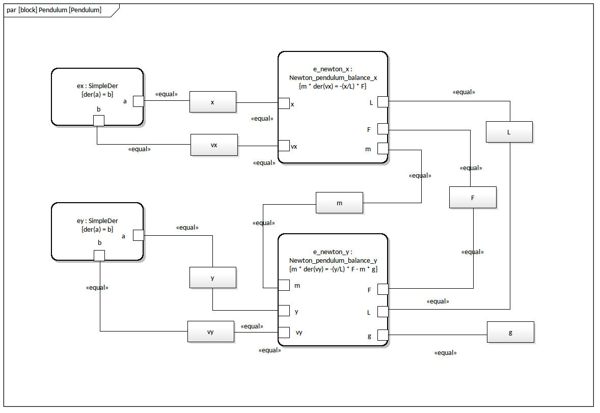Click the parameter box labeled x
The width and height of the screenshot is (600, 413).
(x=212, y=102)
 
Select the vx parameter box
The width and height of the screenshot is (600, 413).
(x=214, y=145)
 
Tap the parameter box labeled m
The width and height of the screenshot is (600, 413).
(x=339, y=203)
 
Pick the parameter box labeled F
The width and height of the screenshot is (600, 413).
(x=472, y=197)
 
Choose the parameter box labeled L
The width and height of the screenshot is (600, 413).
(x=509, y=132)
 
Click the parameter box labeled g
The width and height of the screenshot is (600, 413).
(x=510, y=332)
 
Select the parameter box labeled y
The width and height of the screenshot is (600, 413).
(x=212, y=278)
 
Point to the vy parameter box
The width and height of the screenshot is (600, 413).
(x=210, y=332)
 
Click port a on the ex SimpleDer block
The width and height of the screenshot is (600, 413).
(x=139, y=101)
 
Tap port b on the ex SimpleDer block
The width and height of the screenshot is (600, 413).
(x=99, y=120)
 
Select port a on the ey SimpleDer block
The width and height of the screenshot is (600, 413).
(x=138, y=235)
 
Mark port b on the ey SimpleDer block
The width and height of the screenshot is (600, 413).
(x=100, y=255)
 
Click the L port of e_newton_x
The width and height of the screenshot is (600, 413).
(x=383, y=102)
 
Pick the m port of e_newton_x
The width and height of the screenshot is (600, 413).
(x=383, y=148)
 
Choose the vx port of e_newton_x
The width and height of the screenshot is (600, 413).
(x=284, y=146)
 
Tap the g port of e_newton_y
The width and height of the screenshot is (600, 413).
(x=383, y=335)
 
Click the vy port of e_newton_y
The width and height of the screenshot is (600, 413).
(x=284, y=332)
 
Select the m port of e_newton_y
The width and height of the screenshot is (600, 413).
(x=284, y=285)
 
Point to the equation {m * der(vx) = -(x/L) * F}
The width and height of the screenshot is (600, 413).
(x=333, y=86)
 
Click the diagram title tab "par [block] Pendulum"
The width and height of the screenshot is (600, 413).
(x=55, y=10)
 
